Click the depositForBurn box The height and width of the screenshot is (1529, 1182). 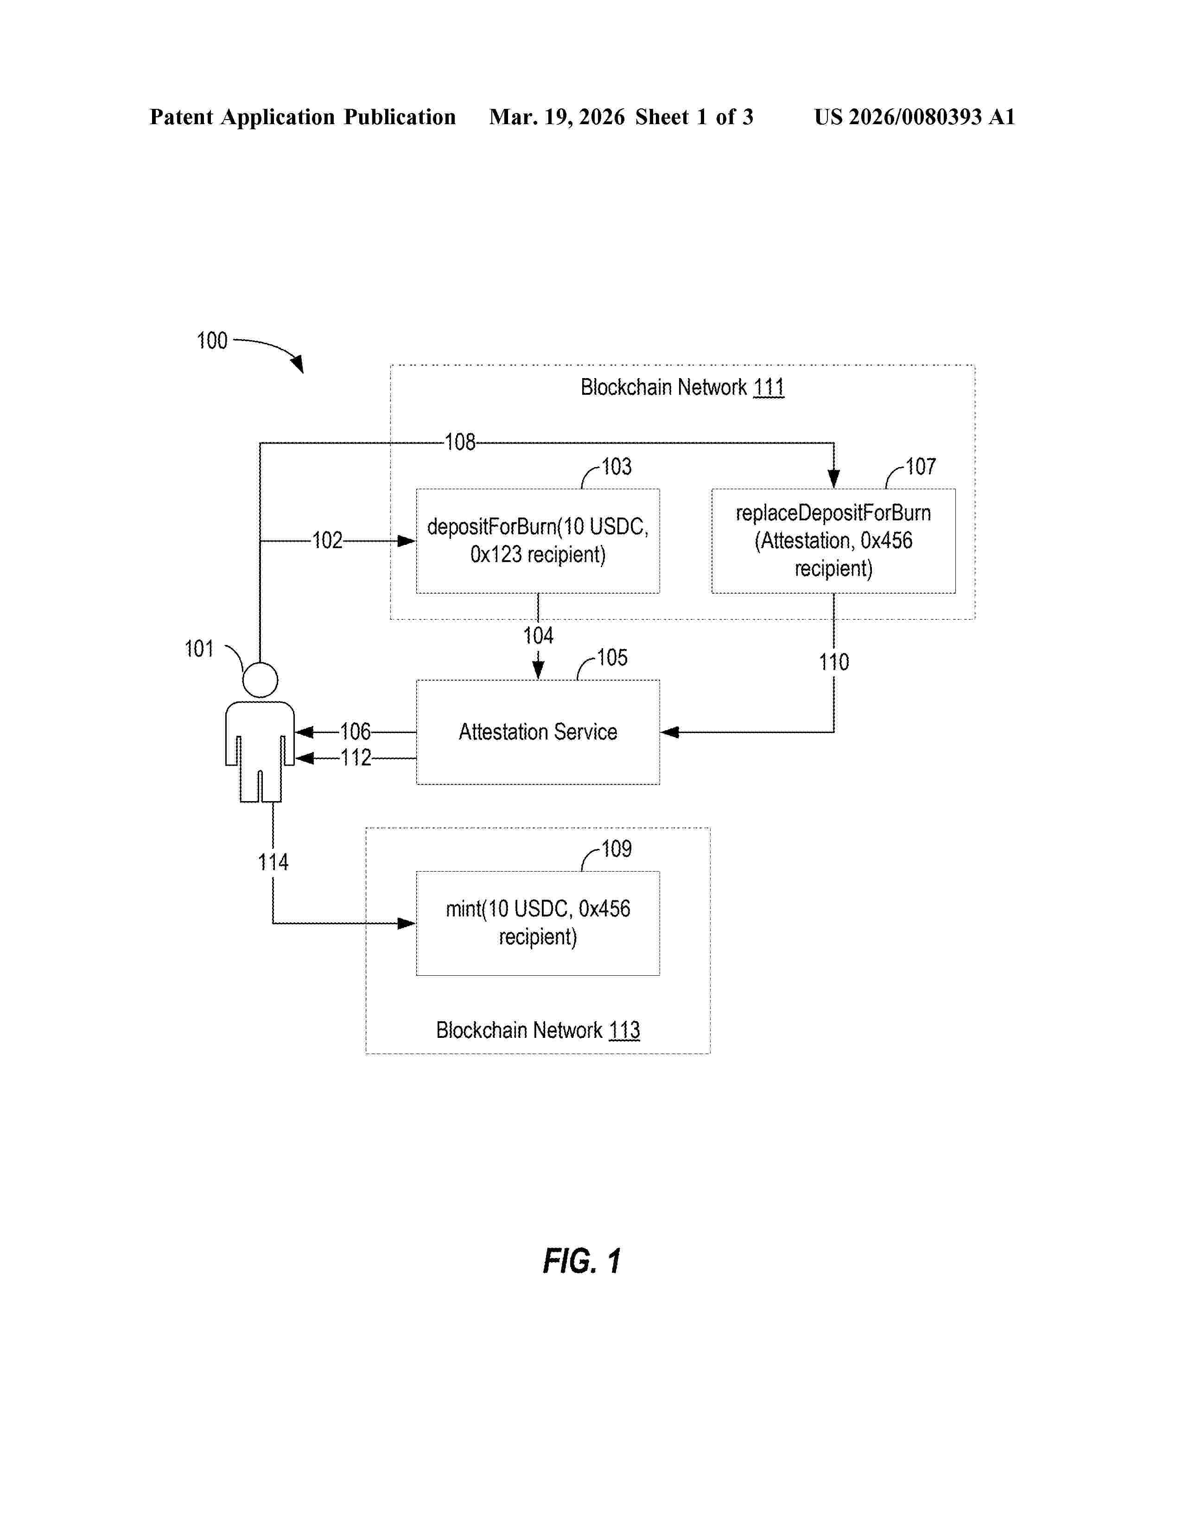tap(538, 540)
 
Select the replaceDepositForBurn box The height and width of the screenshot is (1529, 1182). tap(833, 540)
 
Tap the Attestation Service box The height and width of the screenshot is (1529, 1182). tap(538, 732)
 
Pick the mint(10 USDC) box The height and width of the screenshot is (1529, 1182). tap(538, 922)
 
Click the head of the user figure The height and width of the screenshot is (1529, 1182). tap(260, 680)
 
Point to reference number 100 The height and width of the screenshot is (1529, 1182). tap(212, 341)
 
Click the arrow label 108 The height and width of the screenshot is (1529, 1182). tap(460, 442)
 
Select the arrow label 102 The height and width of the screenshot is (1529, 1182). tap(327, 540)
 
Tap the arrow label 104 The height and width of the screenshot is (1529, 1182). tap(538, 636)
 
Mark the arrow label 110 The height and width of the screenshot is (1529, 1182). tap(834, 662)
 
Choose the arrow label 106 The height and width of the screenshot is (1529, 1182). tap(355, 732)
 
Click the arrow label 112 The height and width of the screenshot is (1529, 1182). tap(356, 758)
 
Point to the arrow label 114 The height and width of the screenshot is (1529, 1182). tap(273, 862)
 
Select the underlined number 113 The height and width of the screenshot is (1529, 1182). tap(624, 1030)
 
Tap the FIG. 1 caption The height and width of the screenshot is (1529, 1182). tap(582, 1261)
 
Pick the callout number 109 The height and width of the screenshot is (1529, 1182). tap(616, 848)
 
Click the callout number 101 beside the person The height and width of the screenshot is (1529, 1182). tap(199, 649)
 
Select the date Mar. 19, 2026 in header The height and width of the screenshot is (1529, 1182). tap(557, 117)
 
